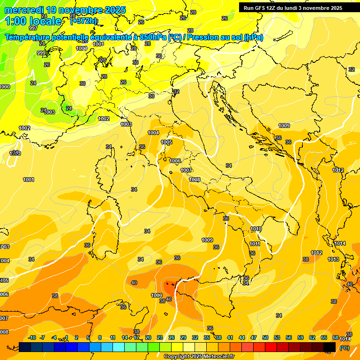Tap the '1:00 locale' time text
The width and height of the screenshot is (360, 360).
[33, 21]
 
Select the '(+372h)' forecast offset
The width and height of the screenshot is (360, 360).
[84, 21]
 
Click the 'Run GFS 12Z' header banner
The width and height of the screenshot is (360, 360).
[293, 8]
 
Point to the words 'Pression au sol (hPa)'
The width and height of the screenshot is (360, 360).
[225, 37]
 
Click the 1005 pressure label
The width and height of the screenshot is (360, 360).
[166, 142]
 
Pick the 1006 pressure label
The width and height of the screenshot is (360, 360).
[175, 161]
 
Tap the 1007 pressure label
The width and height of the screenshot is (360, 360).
[186, 170]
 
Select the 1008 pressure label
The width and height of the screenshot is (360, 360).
[195, 180]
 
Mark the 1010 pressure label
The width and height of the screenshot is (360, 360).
[255, 229]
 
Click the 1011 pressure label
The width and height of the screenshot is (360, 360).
[255, 244]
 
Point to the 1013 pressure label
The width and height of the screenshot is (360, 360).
[333, 259]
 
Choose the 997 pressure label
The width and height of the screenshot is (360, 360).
[33, 41]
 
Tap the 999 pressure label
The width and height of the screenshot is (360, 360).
[41, 53]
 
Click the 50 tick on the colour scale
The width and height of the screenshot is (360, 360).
[265, 337]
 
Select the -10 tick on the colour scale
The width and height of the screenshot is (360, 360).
[32, 337]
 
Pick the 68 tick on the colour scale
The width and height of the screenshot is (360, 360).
[335, 337]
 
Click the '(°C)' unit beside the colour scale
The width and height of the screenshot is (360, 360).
[345, 347]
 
